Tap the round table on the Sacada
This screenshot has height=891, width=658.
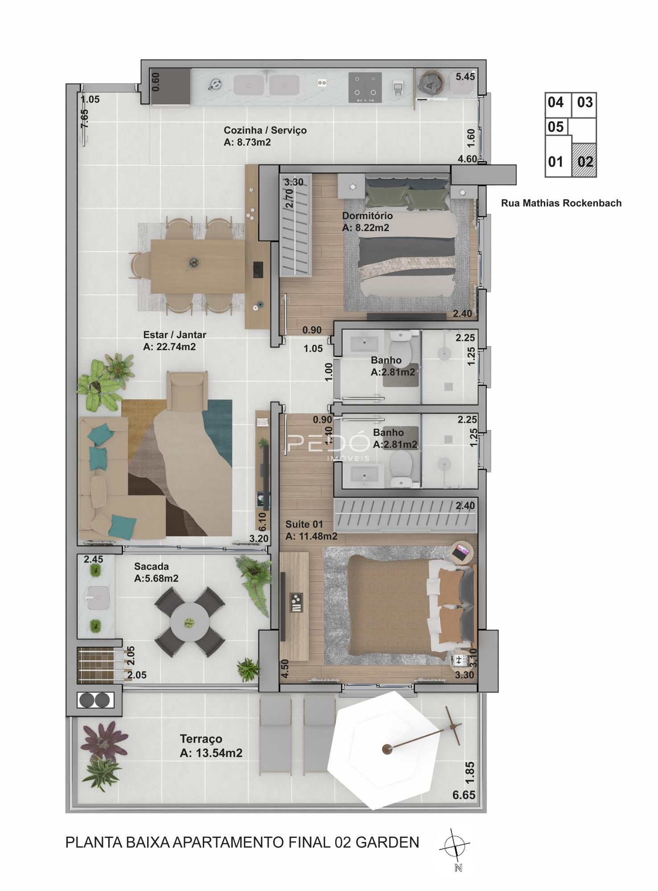coord(190,622)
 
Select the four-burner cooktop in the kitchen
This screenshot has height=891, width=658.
coord(365,88)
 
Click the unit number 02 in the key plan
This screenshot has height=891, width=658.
coord(585,161)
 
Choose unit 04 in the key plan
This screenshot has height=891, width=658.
coord(555,102)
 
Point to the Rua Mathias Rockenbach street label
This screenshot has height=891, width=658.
coord(561,203)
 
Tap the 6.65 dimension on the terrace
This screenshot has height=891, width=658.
coord(464,795)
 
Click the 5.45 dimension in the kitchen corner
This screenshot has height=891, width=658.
coord(465,77)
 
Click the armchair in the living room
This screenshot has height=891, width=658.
coord(187,391)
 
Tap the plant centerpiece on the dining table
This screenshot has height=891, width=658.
coord(193,263)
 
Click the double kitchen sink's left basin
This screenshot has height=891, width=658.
coord(249,85)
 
